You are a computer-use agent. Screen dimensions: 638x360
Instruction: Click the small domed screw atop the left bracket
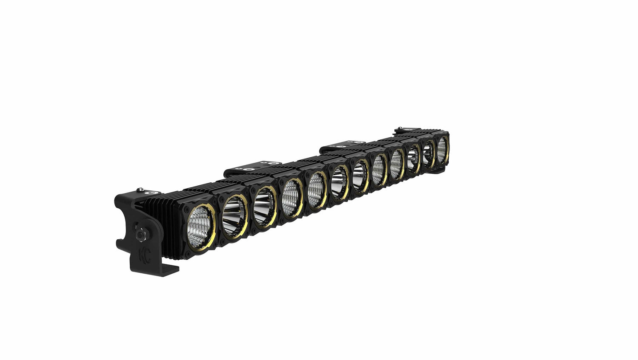[x=139, y=190]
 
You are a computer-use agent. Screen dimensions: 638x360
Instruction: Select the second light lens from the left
[x=234, y=216]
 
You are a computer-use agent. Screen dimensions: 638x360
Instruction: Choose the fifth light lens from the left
[x=316, y=190]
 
